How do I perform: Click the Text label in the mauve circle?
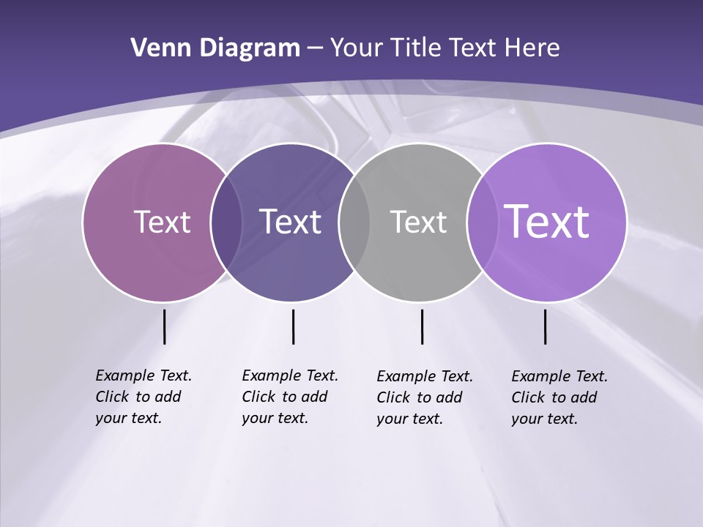click(162, 222)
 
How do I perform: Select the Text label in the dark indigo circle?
click(290, 222)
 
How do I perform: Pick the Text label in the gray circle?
click(418, 222)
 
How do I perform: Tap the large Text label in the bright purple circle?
click(547, 221)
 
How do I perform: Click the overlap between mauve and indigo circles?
click(226, 222)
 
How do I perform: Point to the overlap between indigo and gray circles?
click(354, 222)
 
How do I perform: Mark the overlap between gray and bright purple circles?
click(480, 222)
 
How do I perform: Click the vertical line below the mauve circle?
click(164, 326)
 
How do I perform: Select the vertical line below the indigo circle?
click(293, 326)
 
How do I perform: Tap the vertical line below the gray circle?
click(422, 326)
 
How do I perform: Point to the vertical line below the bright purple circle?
click(545, 326)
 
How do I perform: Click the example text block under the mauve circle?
click(143, 397)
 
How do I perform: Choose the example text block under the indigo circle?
click(289, 397)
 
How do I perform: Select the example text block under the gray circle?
click(424, 397)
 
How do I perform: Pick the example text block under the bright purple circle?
click(559, 397)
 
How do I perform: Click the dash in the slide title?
click(315, 48)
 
